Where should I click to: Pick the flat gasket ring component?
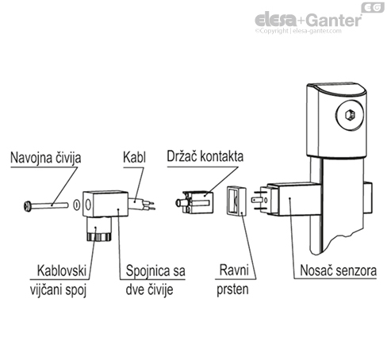click(x=234, y=201)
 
